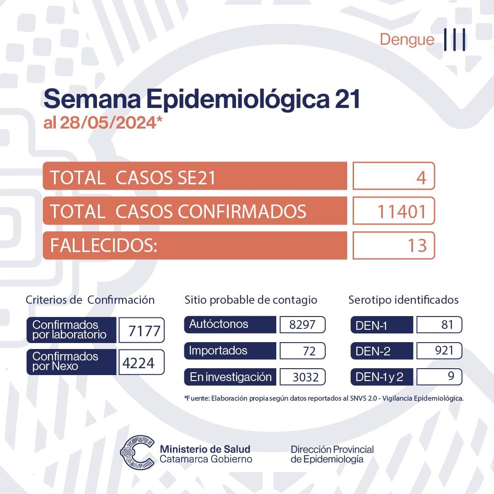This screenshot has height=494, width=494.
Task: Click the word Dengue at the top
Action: tap(407, 40)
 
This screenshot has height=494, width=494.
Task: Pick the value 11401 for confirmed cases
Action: tap(402, 212)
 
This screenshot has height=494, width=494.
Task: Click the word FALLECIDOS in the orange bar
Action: tap(103, 246)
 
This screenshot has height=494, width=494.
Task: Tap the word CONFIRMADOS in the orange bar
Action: tap(242, 212)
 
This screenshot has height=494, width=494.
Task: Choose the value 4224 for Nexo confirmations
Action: tap(139, 363)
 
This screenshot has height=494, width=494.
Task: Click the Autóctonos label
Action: tap(219, 324)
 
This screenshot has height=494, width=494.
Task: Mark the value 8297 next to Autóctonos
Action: tap(302, 325)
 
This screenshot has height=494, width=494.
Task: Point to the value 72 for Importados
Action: tap(309, 351)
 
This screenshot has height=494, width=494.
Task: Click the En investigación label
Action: tap(231, 377)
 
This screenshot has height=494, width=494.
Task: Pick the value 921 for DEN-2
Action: tap(442, 351)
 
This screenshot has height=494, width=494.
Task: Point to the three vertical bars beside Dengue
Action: tap(455, 40)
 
